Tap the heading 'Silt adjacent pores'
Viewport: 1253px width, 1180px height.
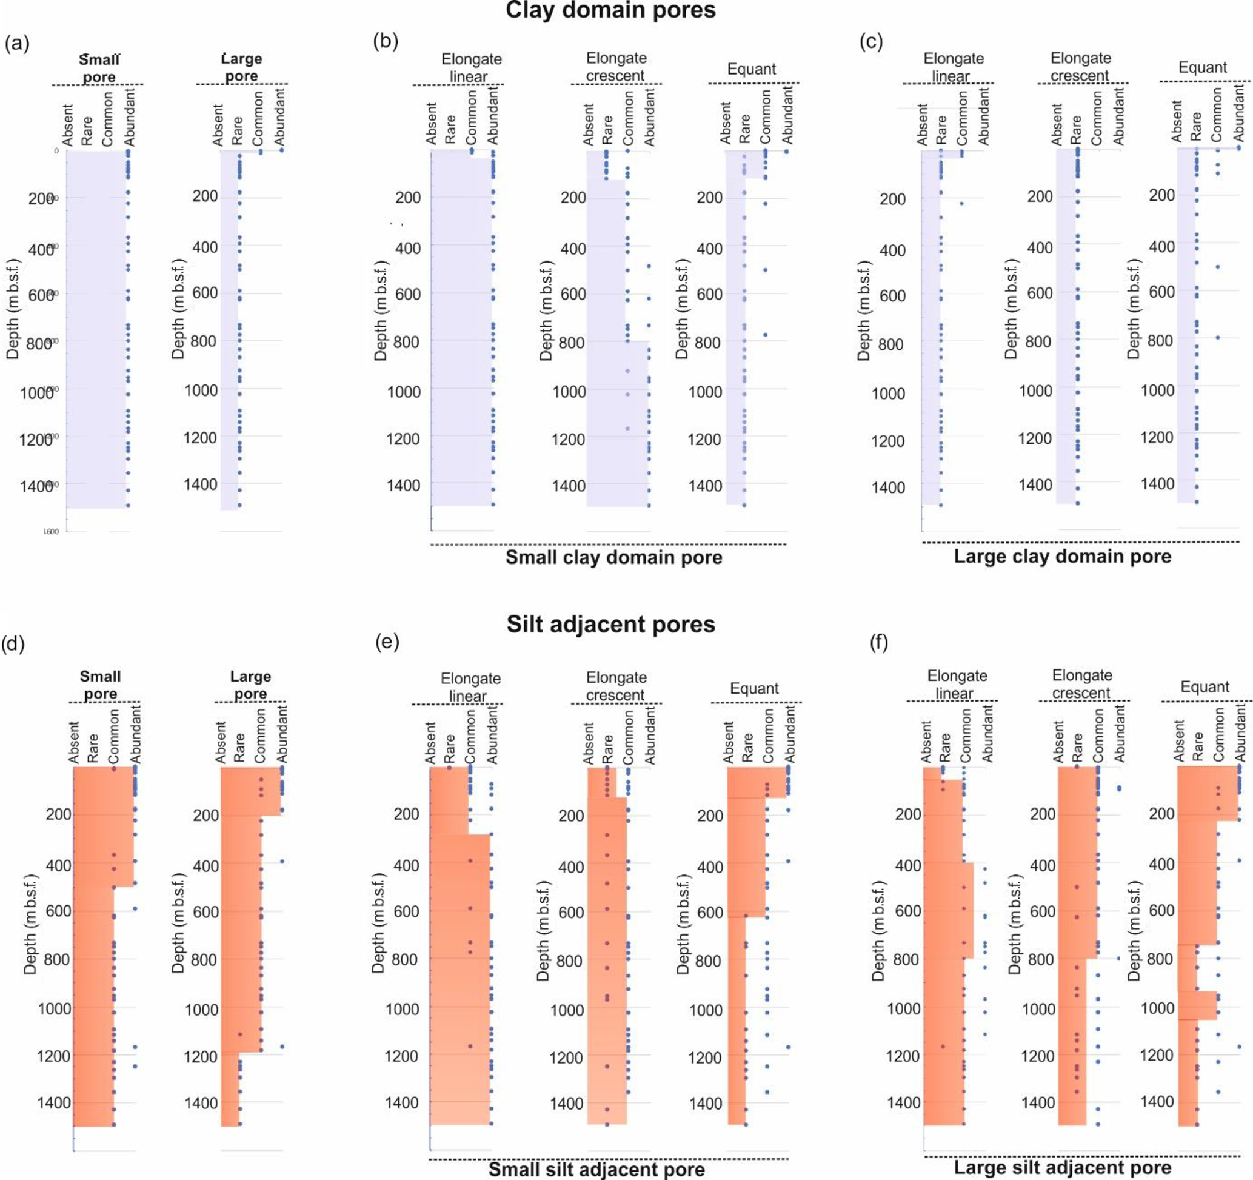pyautogui.click(x=611, y=624)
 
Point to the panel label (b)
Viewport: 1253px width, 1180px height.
pyautogui.click(x=386, y=41)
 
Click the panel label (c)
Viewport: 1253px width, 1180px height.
pyautogui.click(x=871, y=42)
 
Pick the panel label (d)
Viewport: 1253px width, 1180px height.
pyautogui.click(x=13, y=643)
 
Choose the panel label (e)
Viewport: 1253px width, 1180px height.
pyautogui.click(x=387, y=642)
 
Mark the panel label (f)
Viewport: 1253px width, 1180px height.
pyautogui.click(x=879, y=642)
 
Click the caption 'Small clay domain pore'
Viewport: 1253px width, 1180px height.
pyautogui.click(x=613, y=557)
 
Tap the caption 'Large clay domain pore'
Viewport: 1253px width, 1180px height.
pyautogui.click(x=1062, y=556)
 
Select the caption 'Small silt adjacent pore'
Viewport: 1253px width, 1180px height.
pyautogui.click(x=596, y=1170)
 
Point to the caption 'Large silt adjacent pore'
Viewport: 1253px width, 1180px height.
pyautogui.click(x=1062, y=1167)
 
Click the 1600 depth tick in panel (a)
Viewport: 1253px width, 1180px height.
pyautogui.click(x=51, y=531)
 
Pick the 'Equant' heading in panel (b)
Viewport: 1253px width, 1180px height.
pyautogui.click(x=751, y=69)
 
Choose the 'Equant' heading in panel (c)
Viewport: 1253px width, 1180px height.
pyautogui.click(x=1202, y=67)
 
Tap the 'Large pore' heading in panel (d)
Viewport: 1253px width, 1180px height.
pyautogui.click(x=250, y=685)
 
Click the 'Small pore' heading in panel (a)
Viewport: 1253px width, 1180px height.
pyautogui.click(x=99, y=68)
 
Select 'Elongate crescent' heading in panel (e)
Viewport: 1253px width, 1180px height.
pyautogui.click(x=616, y=686)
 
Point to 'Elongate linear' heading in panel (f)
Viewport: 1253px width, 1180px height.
pyautogui.click(x=956, y=684)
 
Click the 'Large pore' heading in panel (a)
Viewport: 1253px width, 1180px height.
pyautogui.click(x=241, y=67)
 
